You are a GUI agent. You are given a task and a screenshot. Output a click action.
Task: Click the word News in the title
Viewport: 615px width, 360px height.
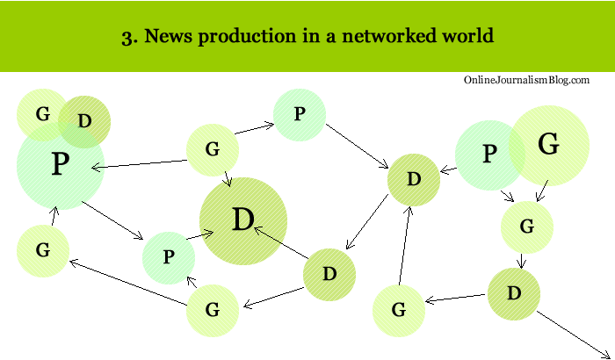point(163,37)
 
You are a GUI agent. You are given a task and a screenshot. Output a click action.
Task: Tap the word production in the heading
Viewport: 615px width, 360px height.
point(239,37)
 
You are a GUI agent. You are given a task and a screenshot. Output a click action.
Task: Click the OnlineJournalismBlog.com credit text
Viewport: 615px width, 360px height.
point(526,80)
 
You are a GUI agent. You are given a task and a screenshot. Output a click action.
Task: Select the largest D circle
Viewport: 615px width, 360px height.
point(243,220)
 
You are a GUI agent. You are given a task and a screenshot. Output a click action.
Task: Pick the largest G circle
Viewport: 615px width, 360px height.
point(548,145)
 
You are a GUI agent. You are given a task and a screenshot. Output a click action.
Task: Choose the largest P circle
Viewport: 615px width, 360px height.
point(60,164)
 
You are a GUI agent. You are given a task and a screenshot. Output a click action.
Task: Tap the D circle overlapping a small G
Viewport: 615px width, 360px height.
point(85,121)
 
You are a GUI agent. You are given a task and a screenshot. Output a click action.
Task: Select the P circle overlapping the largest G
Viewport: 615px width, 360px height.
point(488,155)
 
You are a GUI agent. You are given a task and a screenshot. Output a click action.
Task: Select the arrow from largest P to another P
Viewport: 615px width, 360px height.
point(112,220)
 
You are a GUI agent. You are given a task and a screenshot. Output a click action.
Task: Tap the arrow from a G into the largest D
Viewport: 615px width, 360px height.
point(226,175)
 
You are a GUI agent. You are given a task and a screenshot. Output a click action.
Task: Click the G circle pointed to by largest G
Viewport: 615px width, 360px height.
point(527,227)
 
